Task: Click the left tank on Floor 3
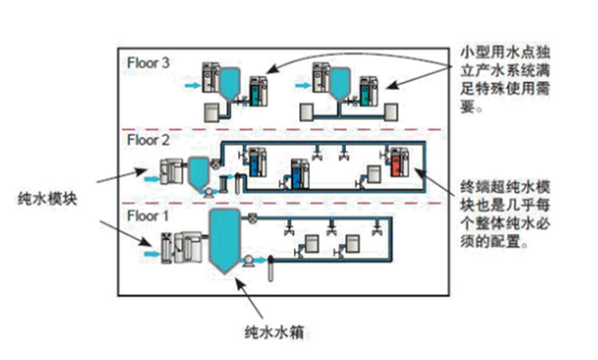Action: pyautogui.click(x=229, y=82)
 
